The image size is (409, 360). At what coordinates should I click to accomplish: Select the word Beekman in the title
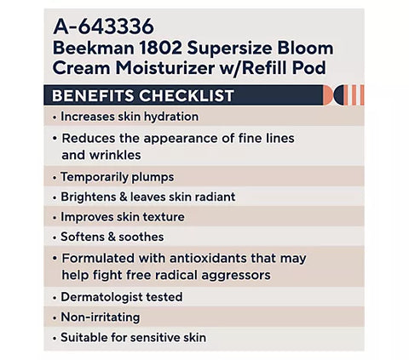tap(94, 49)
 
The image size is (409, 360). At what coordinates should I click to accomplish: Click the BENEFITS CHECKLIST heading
tap(143, 95)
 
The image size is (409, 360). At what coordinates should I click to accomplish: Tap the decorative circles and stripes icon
tap(349, 95)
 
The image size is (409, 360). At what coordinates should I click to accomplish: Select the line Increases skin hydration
tap(129, 117)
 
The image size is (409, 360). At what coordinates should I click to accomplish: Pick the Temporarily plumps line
tap(117, 177)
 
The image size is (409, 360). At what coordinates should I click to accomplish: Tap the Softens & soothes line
tap(112, 237)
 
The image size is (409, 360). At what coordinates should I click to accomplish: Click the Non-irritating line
tap(100, 317)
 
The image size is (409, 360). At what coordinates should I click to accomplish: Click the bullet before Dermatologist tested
tap(55, 297)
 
